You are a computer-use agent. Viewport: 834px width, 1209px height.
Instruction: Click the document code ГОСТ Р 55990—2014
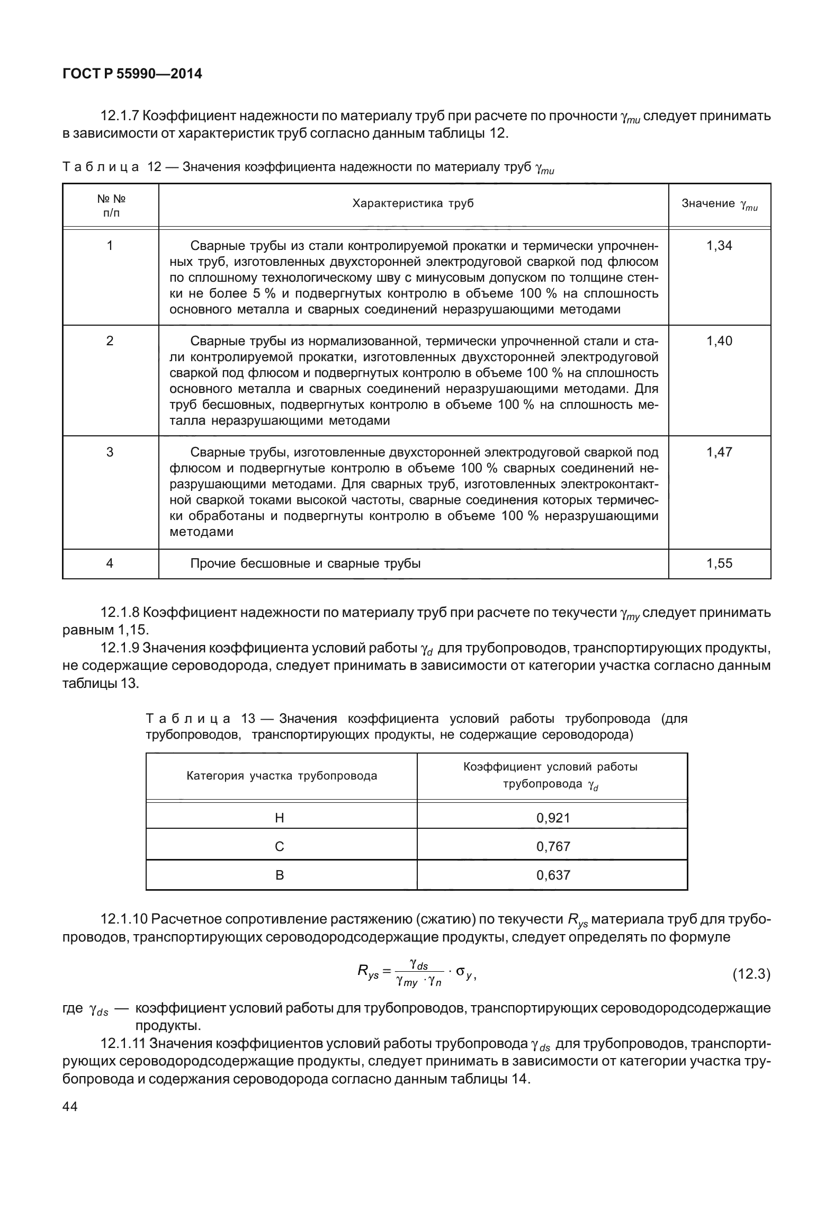[132, 74]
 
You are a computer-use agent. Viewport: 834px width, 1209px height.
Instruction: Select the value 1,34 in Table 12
[719, 246]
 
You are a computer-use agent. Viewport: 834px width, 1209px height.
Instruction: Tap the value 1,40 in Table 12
[719, 341]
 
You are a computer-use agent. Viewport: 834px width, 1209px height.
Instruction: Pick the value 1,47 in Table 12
[719, 452]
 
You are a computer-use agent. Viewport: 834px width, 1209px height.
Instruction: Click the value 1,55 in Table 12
[719, 563]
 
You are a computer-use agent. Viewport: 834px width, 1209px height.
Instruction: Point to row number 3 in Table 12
[110, 452]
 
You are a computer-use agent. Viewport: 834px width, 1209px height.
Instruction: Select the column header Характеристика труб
[413, 204]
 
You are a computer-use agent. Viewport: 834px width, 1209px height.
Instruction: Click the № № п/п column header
[111, 205]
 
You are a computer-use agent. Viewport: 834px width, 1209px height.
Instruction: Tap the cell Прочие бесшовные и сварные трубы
[305, 563]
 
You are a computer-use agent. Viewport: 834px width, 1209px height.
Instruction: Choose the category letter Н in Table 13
[280, 818]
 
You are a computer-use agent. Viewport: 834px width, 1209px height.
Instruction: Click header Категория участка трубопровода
[282, 776]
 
